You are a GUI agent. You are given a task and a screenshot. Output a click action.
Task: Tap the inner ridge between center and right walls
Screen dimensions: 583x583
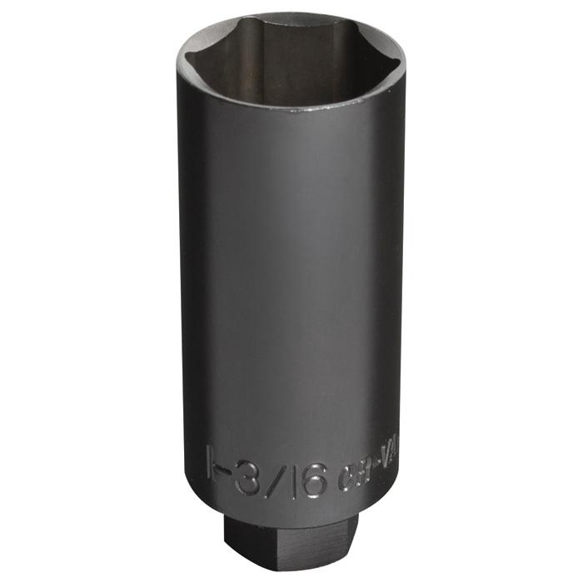(x=341, y=46)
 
